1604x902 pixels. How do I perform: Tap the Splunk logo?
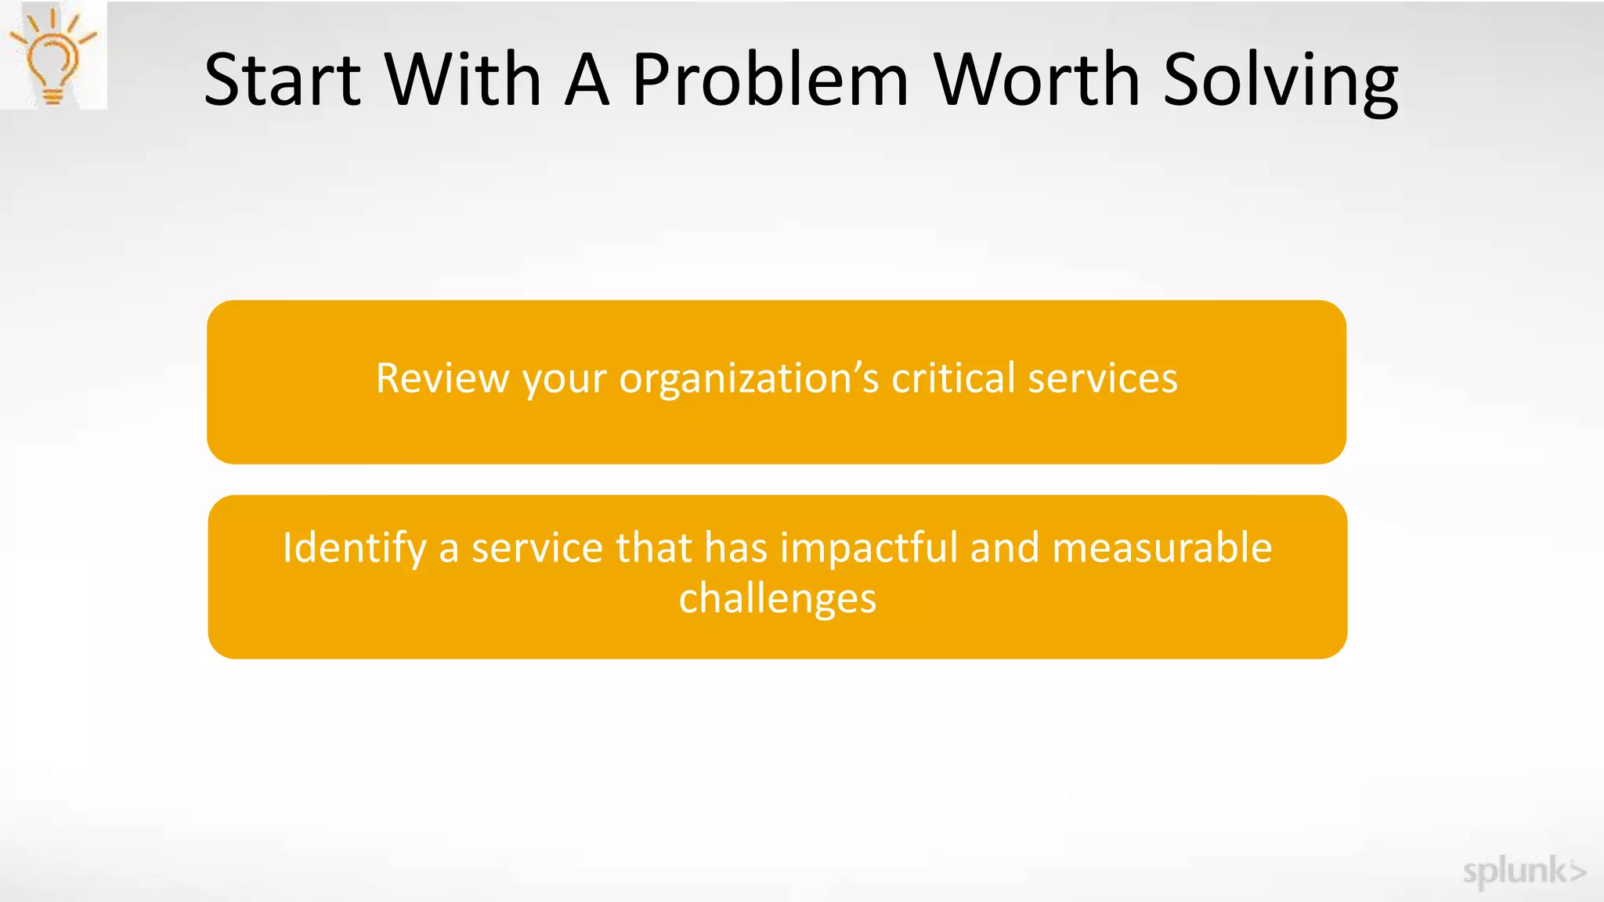(1524, 871)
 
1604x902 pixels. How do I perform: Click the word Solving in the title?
(1281, 81)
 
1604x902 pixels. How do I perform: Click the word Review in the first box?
(443, 378)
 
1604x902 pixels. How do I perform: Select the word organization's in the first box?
(750, 380)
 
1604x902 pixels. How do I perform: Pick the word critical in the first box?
(953, 378)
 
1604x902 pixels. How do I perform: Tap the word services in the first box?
(1103, 378)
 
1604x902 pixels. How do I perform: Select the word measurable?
(1162, 547)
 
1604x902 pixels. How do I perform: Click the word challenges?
(777, 600)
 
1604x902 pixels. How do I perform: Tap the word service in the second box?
(537, 547)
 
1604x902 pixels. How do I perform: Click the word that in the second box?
(654, 547)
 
